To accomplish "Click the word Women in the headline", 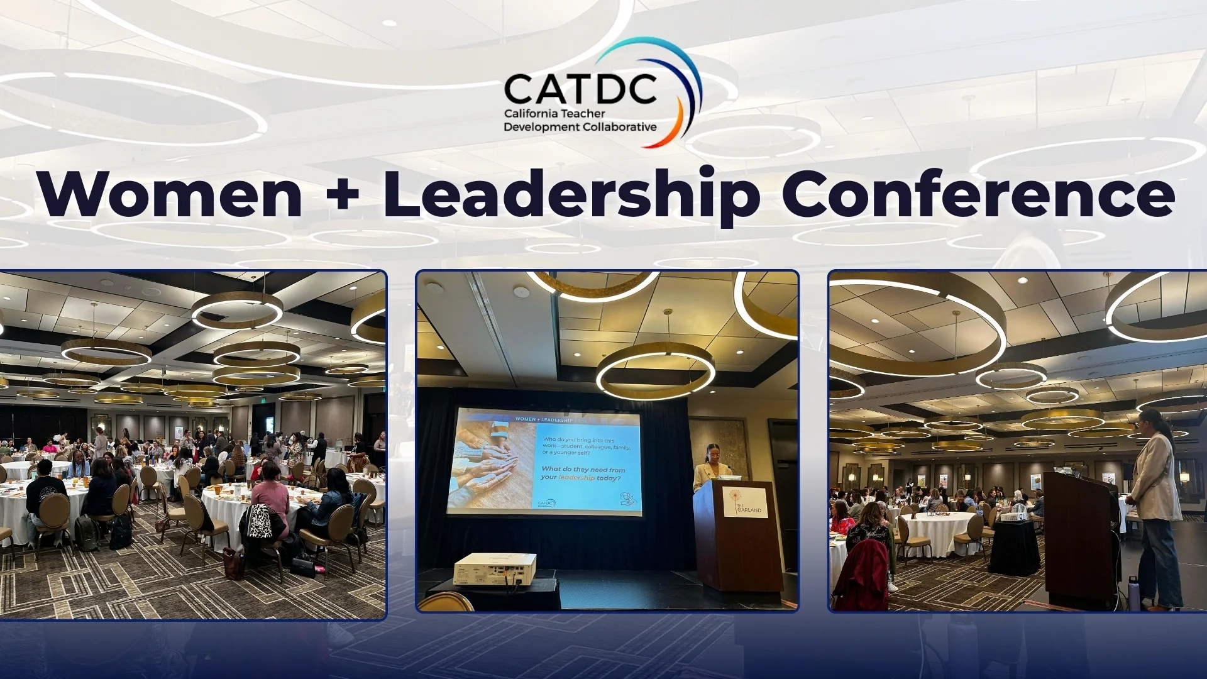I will (x=170, y=194).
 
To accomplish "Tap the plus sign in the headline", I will (x=343, y=195).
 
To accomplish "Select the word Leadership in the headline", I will (x=572, y=195).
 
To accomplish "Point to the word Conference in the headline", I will (x=978, y=194).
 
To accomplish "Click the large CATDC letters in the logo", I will (x=580, y=89).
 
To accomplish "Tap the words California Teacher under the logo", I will (x=554, y=114).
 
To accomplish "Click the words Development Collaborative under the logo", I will (x=580, y=127).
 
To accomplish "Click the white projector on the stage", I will (x=495, y=568).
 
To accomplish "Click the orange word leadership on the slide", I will (x=576, y=478).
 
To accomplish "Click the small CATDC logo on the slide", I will (x=546, y=503).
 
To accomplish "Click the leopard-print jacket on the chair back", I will (x=259, y=522).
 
